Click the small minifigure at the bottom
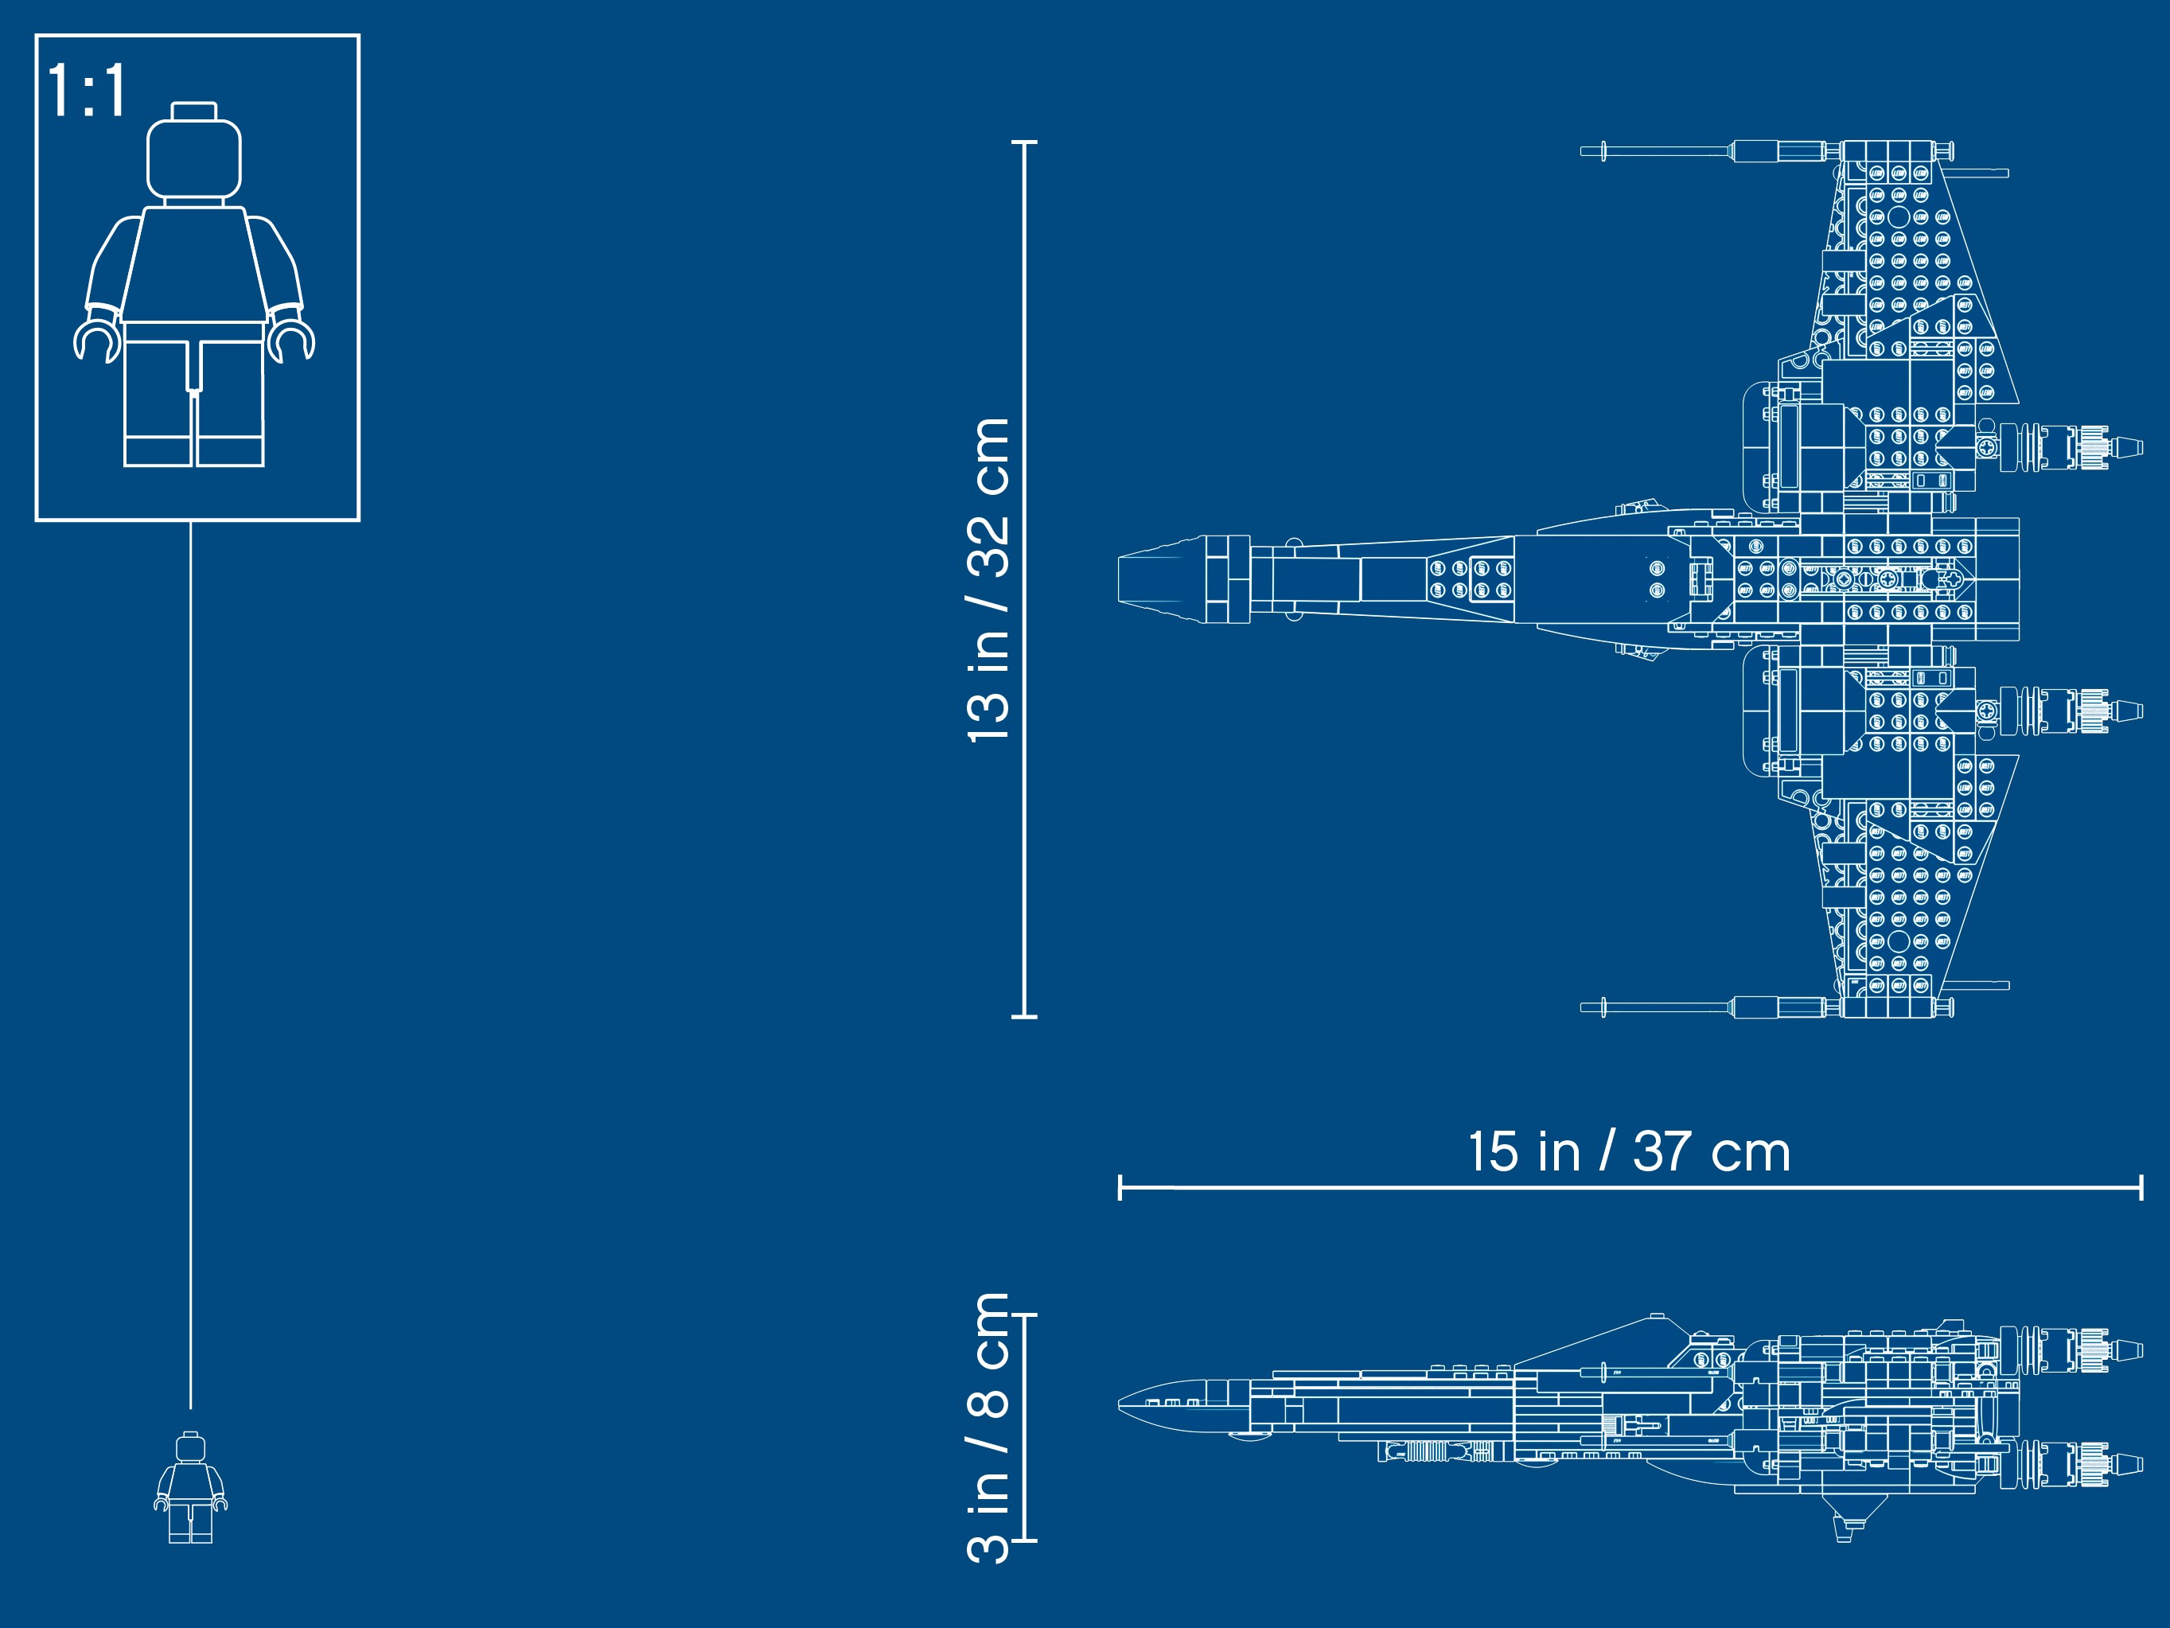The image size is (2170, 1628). [x=190, y=1487]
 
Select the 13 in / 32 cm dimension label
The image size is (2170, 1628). [x=989, y=579]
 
